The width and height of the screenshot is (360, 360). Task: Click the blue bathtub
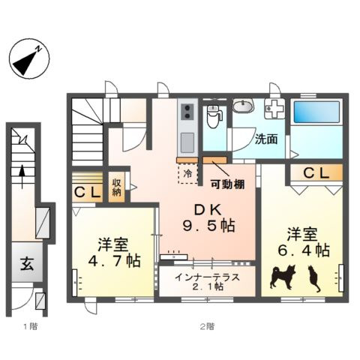coord(316,114)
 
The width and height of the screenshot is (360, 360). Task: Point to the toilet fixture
coord(214,116)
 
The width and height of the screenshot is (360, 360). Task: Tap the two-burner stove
coord(187,114)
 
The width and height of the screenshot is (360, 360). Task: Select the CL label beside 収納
coord(88,192)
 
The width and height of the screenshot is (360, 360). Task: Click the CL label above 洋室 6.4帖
coord(316,174)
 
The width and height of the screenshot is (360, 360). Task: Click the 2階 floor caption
coord(206,326)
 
